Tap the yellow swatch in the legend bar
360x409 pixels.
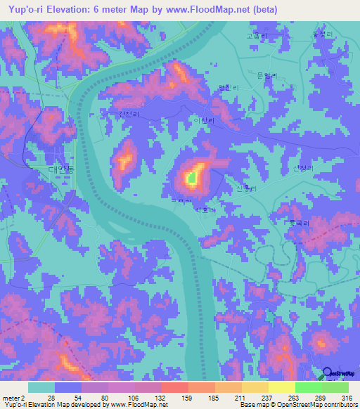pyautogui.click(x=281, y=387)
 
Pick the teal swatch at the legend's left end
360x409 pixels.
pyautogui.click(x=41, y=387)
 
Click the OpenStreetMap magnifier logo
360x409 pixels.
pyautogui.click(x=328, y=373)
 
